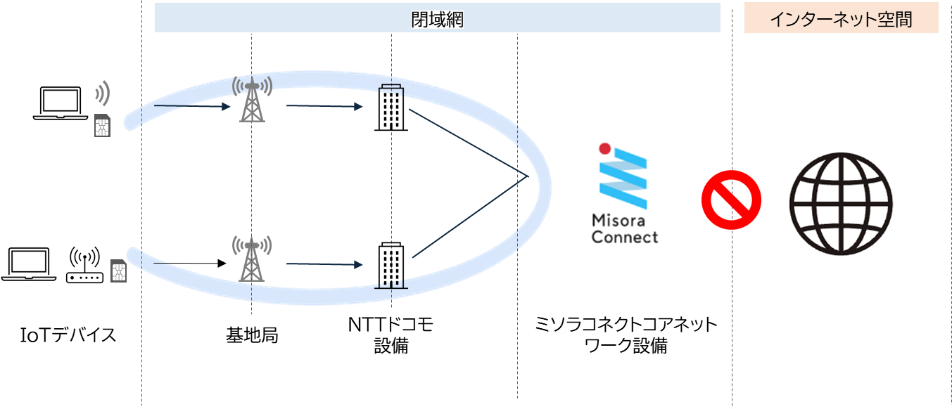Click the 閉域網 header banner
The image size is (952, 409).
[x=438, y=19]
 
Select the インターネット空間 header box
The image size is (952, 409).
[x=841, y=19]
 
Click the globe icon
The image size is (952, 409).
[x=844, y=208]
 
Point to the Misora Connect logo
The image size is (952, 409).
[x=625, y=192]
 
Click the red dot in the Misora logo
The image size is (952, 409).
[x=603, y=149]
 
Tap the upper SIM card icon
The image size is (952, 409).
[x=103, y=126]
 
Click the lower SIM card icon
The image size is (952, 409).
[x=119, y=271]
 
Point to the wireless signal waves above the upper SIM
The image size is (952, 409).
[x=103, y=93]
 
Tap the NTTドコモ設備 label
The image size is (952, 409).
[x=391, y=335]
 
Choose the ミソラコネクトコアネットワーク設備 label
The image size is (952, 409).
[x=626, y=335]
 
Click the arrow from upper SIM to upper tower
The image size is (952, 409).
[x=191, y=107]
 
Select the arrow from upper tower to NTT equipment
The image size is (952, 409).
[x=324, y=107]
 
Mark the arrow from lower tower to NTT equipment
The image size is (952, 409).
[x=324, y=265]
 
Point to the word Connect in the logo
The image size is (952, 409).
[x=625, y=237]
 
